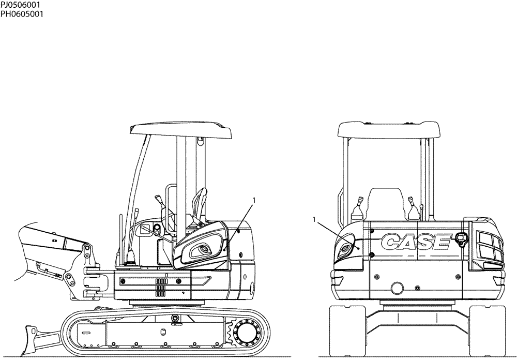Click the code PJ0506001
(x=20, y=5)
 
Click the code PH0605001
(x=21, y=14)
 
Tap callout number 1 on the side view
(x=253, y=199)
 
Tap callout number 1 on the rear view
(x=315, y=220)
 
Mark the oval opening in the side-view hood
(x=202, y=250)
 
